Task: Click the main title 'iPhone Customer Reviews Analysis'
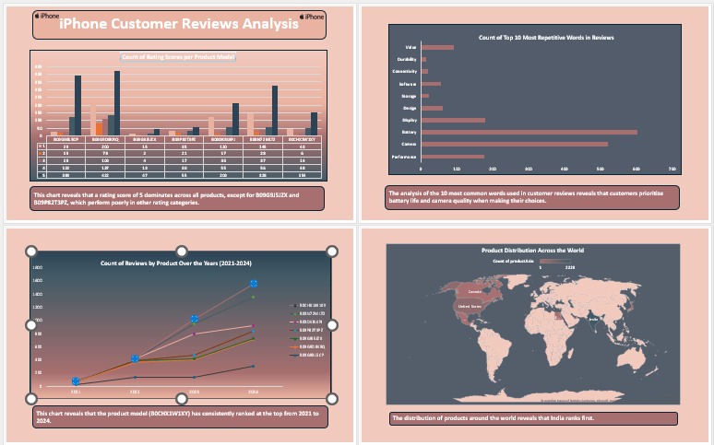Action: pyautogui.click(x=179, y=26)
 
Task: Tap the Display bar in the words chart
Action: pyautogui.click(x=452, y=120)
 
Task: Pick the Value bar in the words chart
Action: pyautogui.click(x=437, y=47)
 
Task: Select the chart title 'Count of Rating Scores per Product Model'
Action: pyautogui.click(x=178, y=57)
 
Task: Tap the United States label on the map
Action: pyautogui.click(x=445, y=305)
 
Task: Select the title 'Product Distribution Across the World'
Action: pyautogui.click(x=532, y=250)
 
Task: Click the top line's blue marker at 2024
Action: pyautogui.click(x=253, y=284)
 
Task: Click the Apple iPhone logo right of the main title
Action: pyautogui.click(x=312, y=17)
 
